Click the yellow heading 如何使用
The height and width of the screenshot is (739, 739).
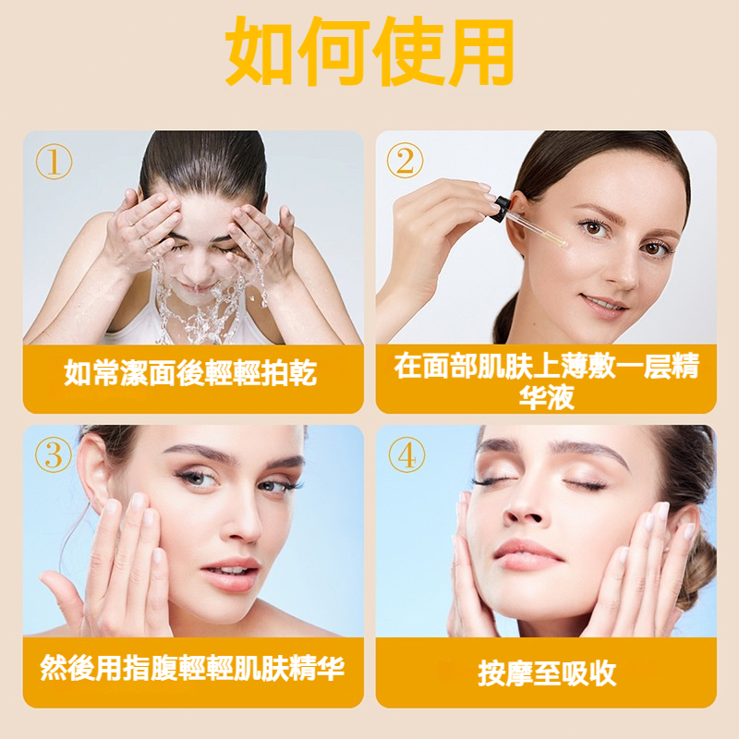[x=369, y=51]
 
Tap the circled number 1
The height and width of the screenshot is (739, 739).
[x=55, y=162]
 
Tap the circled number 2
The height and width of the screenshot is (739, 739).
[x=405, y=160]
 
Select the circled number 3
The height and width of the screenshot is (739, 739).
[x=54, y=454]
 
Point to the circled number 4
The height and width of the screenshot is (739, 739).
[x=406, y=454]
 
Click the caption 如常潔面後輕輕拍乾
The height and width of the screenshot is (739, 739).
[x=190, y=373]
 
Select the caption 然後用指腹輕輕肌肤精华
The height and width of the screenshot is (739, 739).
[x=192, y=668]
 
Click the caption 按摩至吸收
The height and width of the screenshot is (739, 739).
[x=547, y=672]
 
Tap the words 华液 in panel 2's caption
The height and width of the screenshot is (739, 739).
[x=547, y=397]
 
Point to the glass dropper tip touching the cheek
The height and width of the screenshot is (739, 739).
[x=563, y=243]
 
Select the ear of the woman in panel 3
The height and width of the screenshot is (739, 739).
[x=93, y=471]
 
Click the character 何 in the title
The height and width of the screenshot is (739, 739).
[x=333, y=51]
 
